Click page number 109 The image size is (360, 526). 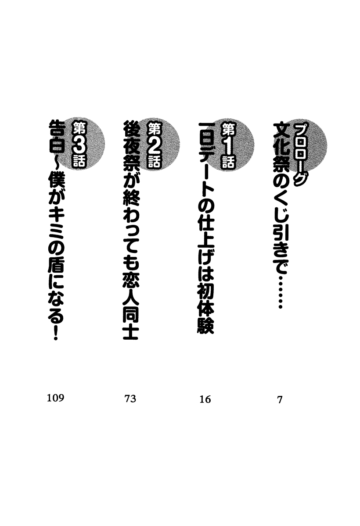[x=55, y=398]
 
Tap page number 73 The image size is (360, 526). [x=130, y=399]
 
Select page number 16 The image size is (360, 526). [x=205, y=399]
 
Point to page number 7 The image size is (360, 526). [x=280, y=400]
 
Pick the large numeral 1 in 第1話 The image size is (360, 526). [x=229, y=146]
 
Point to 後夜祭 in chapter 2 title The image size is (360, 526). [x=131, y=148]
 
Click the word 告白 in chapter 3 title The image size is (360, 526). [x=56, y=138]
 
